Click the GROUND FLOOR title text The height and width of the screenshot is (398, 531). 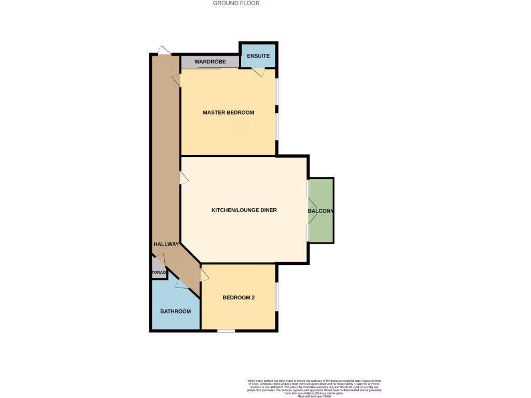click(x=236, y=3)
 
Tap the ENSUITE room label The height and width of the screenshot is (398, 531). click(x=258, y=55)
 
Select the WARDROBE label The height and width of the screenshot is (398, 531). click(x=210, y=62)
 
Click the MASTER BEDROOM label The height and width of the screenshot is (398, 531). click(x=228, y=112)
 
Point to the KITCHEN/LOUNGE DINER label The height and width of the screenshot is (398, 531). click(x=244, y=210)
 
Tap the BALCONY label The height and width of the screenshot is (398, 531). click(x=320, y=211)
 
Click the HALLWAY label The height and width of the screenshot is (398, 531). click(x=166, y=244)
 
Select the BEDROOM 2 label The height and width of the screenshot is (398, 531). click(x=239, y=297)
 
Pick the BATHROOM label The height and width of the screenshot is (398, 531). click(x=175, y=311)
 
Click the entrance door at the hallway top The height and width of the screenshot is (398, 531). click(x=164, y=50)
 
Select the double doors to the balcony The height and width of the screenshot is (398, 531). click(x=312, y=210)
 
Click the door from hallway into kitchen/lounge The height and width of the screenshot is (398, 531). click(x=184, y=178)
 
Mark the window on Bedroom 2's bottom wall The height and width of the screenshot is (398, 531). click(x=226, y=331)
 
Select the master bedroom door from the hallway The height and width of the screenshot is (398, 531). click(x=176, y=80)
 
